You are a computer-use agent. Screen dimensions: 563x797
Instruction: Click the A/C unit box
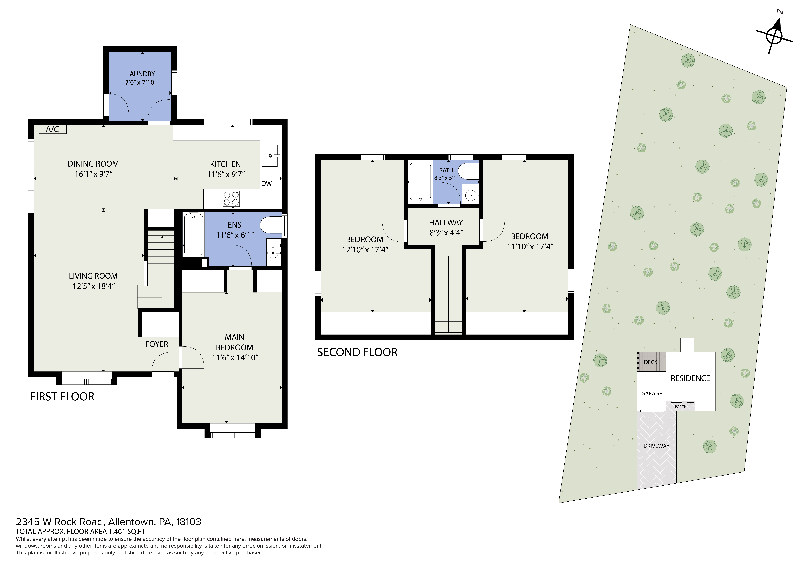(52, 129)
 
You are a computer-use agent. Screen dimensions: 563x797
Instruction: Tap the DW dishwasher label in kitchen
(266, 184)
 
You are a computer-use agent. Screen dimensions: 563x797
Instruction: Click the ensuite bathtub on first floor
(193, 235)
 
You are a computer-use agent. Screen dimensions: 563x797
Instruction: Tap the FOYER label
(157, 344)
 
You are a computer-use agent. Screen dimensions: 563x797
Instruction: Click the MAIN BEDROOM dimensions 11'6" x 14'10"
(235, 358)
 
